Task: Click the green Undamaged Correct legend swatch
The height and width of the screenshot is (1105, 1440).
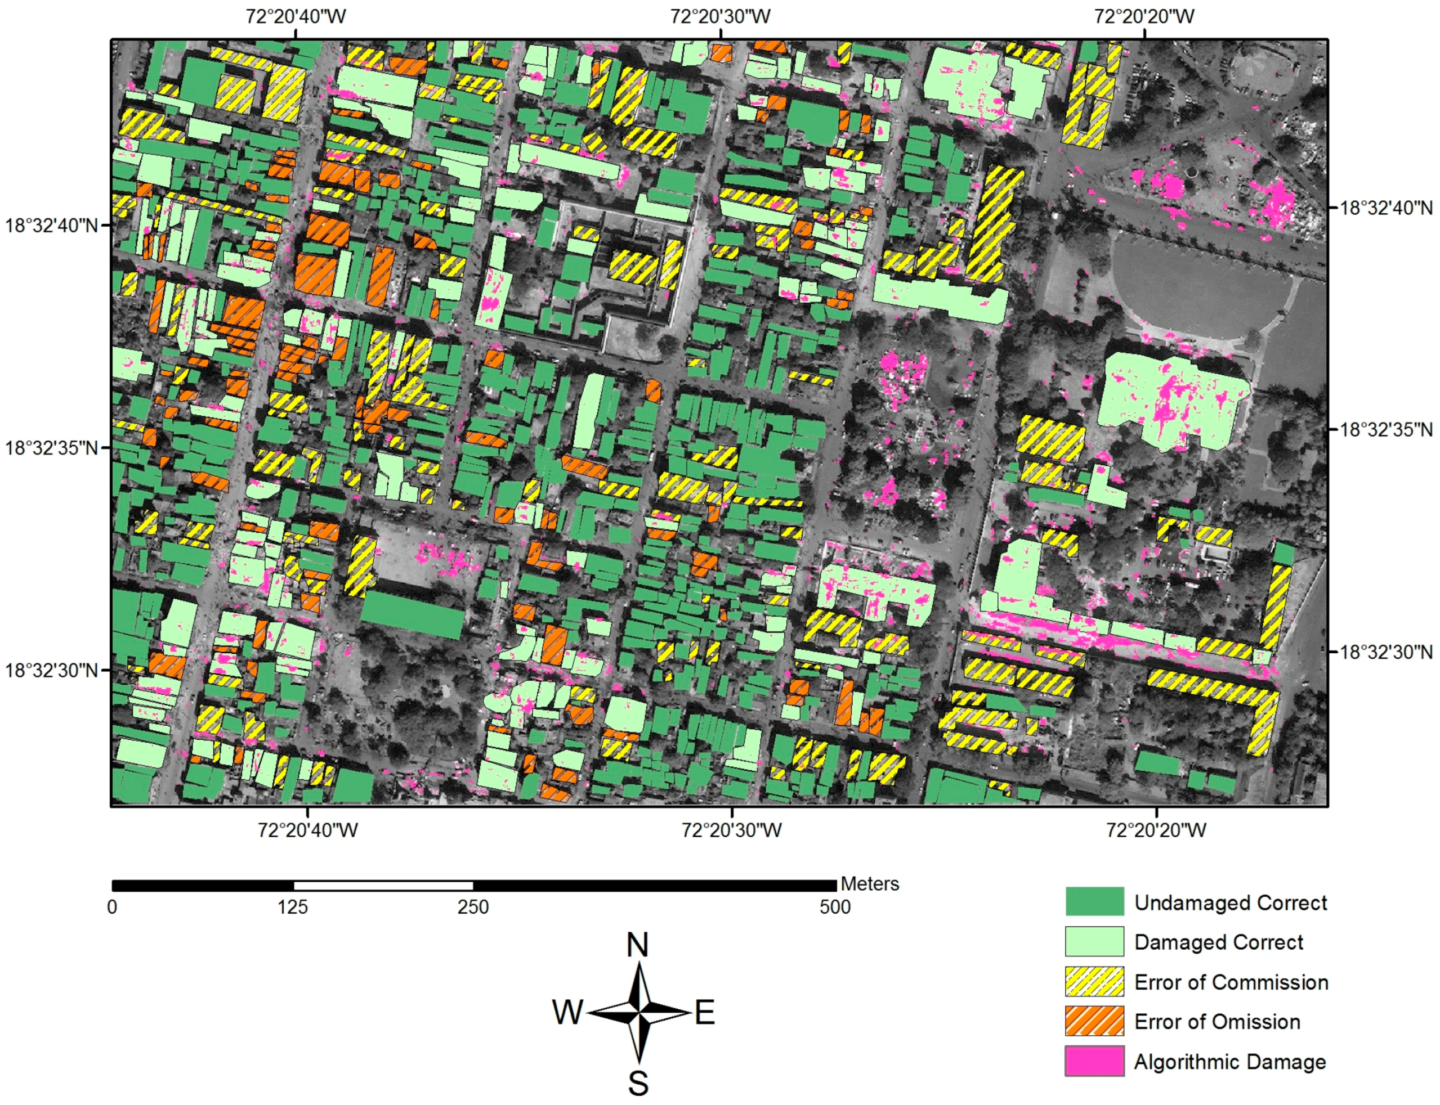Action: [1094, 902]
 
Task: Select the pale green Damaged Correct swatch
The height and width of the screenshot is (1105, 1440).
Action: [1094, 941]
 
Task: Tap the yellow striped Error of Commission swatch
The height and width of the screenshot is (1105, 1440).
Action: [1094, 981]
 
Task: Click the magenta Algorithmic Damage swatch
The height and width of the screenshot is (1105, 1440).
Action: [1094, 1061]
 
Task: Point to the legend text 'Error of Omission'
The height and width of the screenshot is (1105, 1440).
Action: [1217, 1022]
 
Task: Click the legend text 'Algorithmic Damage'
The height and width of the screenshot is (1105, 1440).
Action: [1229, 1062]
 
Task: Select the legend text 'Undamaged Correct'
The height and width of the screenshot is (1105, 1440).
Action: [1230, 902]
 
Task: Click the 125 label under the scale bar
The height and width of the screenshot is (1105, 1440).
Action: [292, 907]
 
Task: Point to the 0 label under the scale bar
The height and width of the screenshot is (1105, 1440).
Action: [113, 907]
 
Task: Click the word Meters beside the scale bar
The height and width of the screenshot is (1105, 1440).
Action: [869, 883]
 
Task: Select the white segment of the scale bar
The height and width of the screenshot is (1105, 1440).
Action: [383, 886]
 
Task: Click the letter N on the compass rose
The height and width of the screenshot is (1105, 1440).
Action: [637, 945]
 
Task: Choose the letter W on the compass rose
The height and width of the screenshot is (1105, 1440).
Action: [568, 1012]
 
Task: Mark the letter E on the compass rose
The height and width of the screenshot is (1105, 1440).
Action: [705, 1013]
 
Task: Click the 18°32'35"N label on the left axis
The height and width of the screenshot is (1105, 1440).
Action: [51, 448]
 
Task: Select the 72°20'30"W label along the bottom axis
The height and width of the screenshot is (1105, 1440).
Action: [731, 830]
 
